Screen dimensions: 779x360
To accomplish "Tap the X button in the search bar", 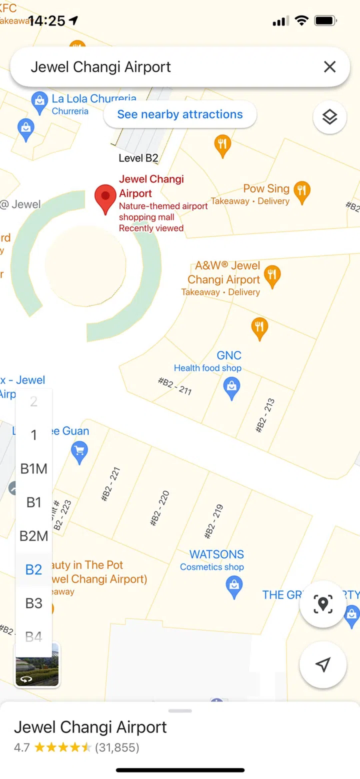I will (x=329, y=67).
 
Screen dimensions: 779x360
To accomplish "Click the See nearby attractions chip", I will (x=180, y=114).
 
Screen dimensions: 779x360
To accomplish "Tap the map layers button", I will (x=329, y=117).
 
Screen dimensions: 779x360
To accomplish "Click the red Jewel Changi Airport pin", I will (x=105, y=198).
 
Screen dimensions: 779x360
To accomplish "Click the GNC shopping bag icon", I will (x=231, y=388).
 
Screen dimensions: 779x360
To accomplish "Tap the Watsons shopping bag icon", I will (x=234, y=586).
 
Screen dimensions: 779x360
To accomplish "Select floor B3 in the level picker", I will (x=33, y=603).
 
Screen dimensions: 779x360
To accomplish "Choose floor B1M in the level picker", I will (x=33, y=469).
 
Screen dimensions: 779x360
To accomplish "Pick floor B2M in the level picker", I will (x=33, y=536).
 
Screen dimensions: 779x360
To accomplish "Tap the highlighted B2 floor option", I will (x=33, y=569).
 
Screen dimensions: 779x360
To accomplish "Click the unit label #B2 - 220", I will (x=160, y=508).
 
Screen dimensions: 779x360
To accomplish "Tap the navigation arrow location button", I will (x=323, y=664).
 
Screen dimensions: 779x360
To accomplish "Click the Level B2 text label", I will (x=138, y=158).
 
